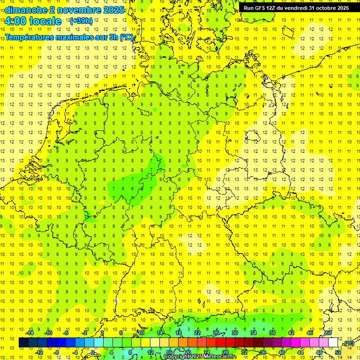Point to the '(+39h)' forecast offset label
[81, 21]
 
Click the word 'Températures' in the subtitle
[30, 37]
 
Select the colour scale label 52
[338, 352]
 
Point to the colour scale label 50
[329, 332]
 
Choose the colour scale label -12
[39, 352]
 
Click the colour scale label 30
[235, 332]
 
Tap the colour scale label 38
[272, 332]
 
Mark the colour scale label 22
[197, 332]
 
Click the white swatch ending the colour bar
[333, 343]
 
